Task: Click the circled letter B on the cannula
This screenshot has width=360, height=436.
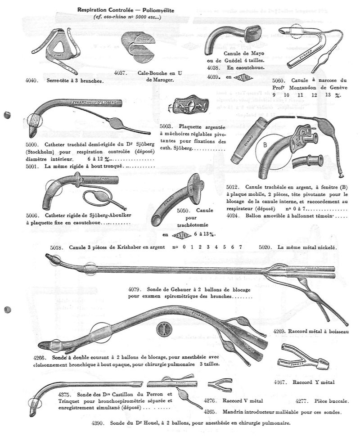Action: (x=265, y=146)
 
